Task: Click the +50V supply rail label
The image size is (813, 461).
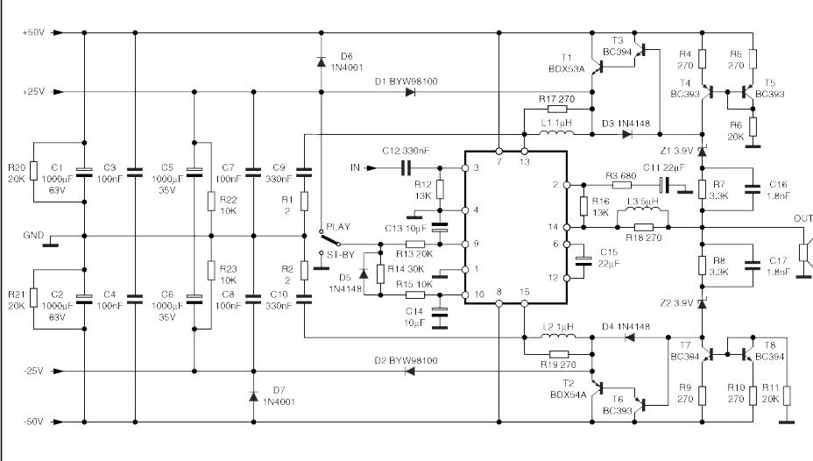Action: [33, 32]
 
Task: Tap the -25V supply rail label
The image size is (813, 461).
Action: [33, 372]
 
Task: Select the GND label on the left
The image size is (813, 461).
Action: [33, 236]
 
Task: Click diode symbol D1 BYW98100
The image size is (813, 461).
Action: [411, 92]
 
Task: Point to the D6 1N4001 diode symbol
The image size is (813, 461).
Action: [322, 61]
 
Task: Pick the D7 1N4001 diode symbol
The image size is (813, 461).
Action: [253, 397]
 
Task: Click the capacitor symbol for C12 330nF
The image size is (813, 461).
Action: [406, 168]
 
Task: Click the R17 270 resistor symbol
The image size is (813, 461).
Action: [557, 110]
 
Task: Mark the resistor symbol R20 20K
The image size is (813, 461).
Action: [33, 171]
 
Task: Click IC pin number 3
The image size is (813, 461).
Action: [476, 168]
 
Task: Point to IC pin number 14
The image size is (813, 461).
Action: [553, 227]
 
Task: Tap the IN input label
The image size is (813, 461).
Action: [355, 167]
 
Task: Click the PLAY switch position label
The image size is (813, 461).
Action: [338, 227]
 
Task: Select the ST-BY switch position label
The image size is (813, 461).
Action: [341, 255]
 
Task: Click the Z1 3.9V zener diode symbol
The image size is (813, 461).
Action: [702, 151]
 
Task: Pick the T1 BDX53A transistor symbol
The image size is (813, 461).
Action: [598, 67]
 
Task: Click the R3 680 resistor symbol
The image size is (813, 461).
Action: [622, 185]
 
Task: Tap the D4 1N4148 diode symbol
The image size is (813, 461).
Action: [629, 338]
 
